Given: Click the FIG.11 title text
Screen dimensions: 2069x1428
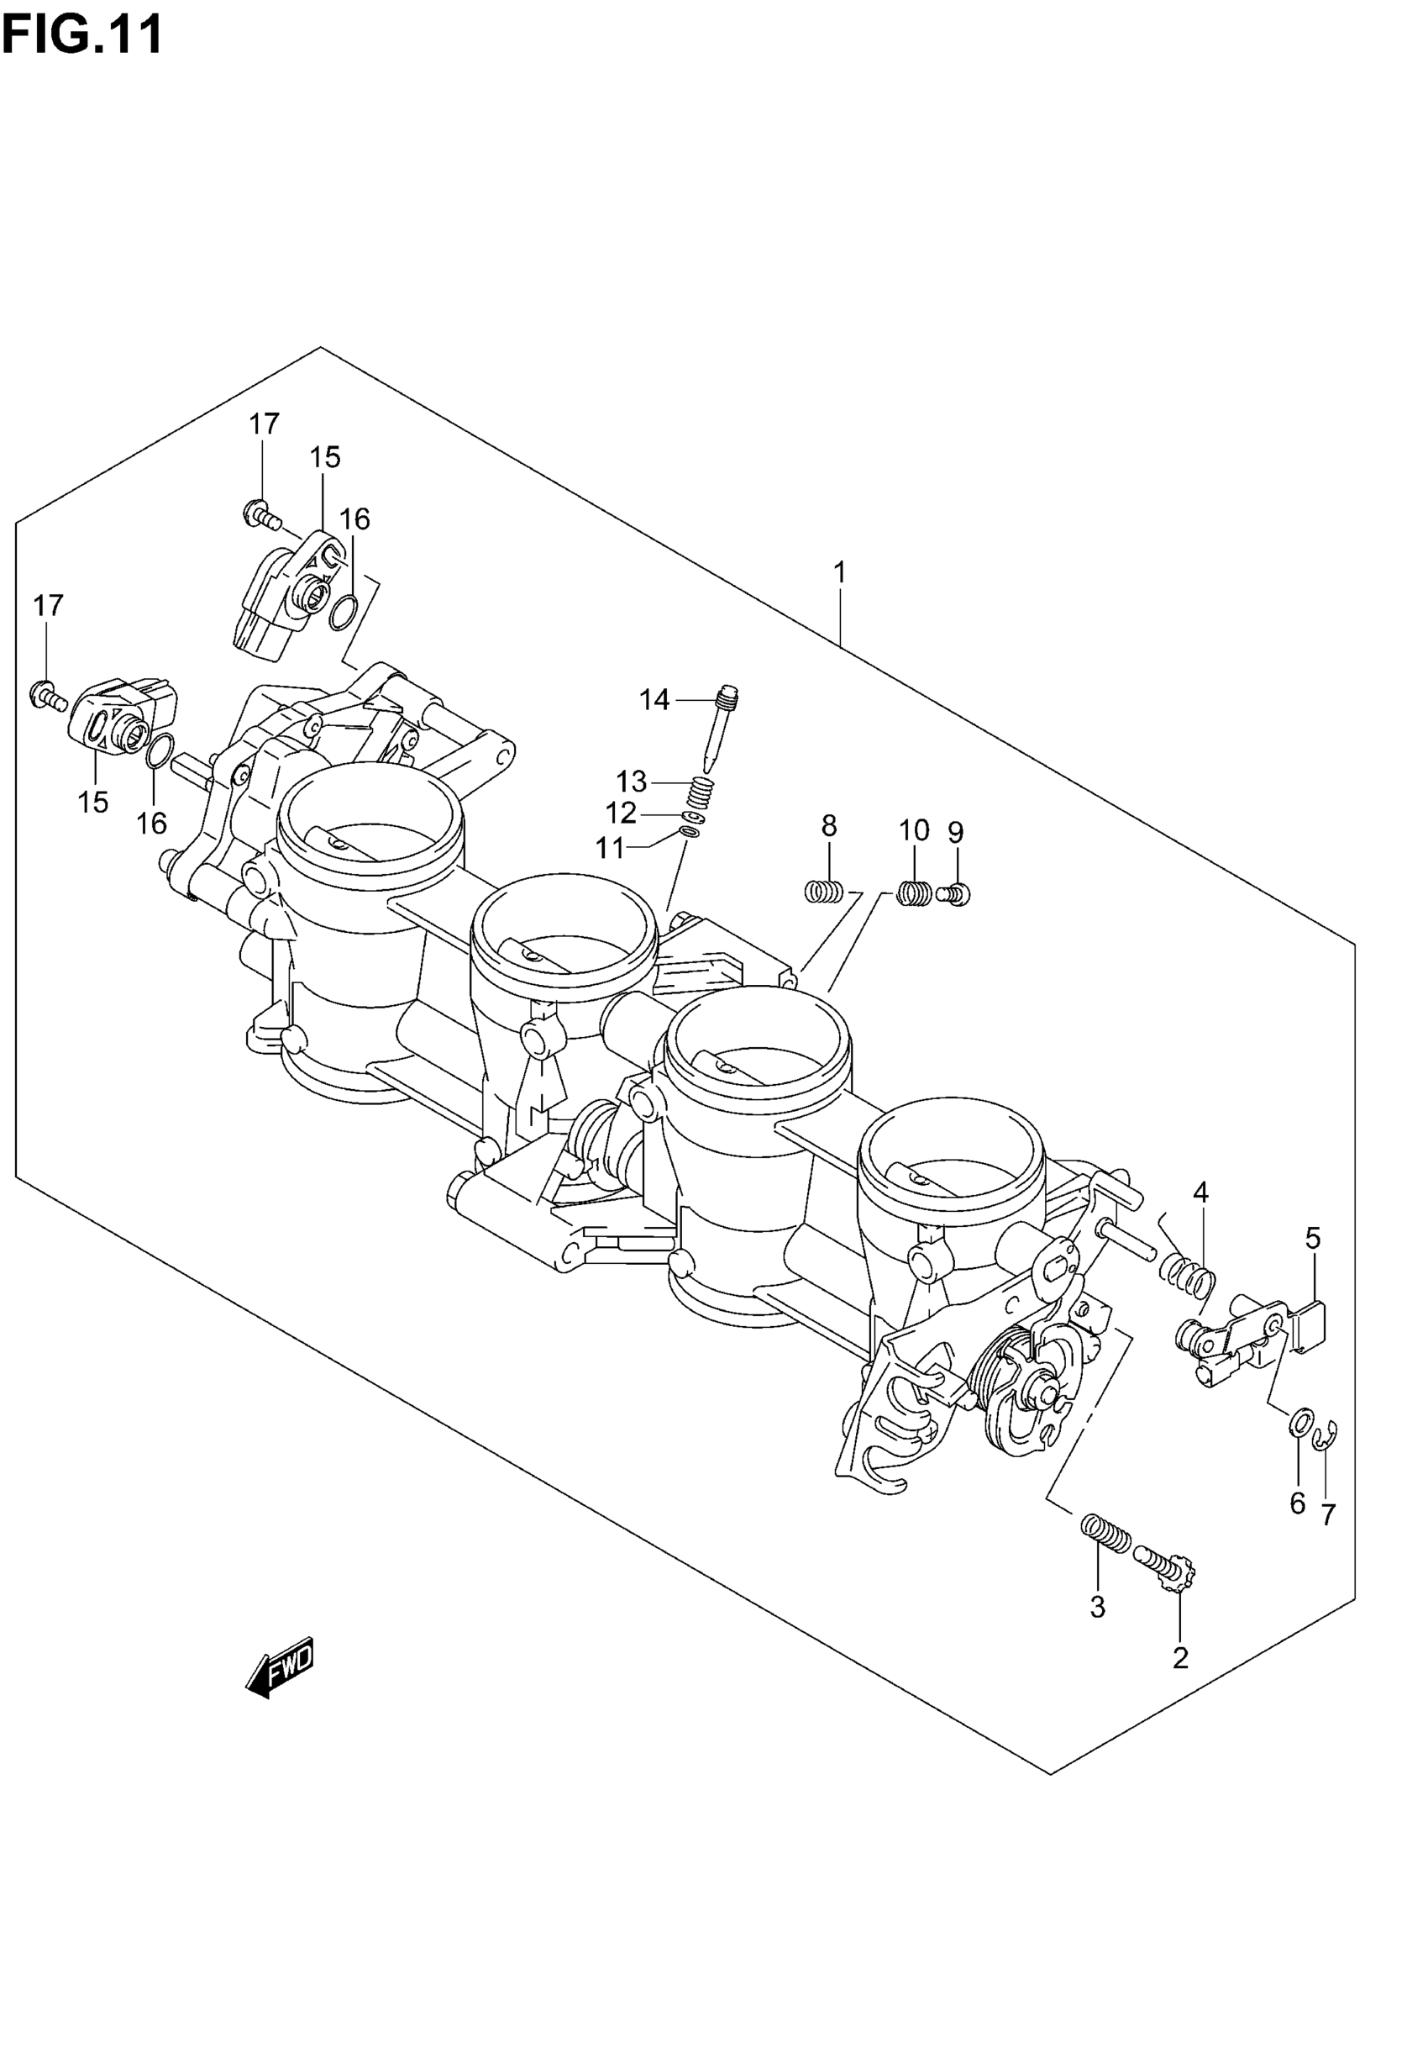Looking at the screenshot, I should [82, 36].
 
